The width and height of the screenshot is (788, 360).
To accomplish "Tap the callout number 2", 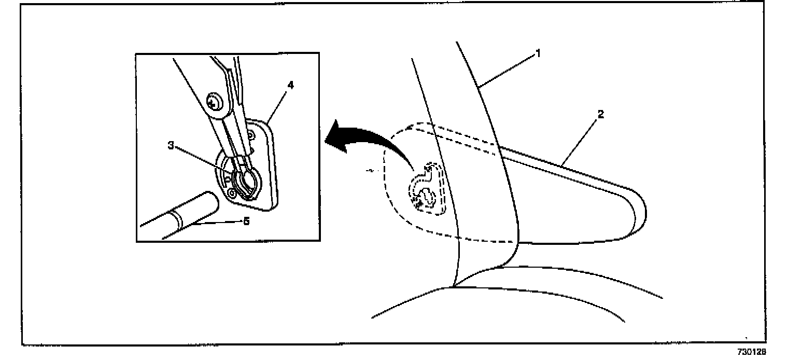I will coord(600,114).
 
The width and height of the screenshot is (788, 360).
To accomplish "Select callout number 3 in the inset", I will coord(171,146).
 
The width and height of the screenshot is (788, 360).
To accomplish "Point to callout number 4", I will coord(291,85).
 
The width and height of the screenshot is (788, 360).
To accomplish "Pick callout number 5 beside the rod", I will coord(246,221).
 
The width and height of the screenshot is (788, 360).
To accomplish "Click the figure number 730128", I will coord(752,352).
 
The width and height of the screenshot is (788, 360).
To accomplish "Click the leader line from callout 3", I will coord(202,161).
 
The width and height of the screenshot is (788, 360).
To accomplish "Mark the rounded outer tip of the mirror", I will coord(642,213).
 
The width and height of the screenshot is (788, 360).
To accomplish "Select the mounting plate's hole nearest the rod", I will coord(231,192).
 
